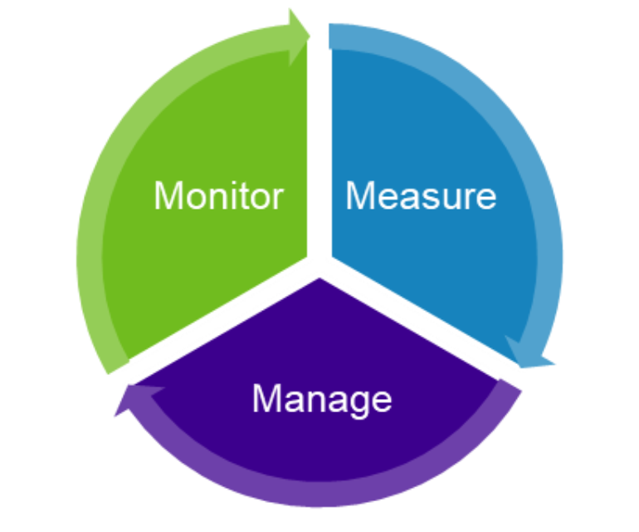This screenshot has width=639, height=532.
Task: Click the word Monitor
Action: pos(218,196)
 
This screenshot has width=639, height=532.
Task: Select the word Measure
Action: pos(420,196)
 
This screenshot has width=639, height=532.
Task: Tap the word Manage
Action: pos(321,399)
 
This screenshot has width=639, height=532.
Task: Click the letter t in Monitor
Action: pos(247,196)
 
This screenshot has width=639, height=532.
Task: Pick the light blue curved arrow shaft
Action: pos(544,208)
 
